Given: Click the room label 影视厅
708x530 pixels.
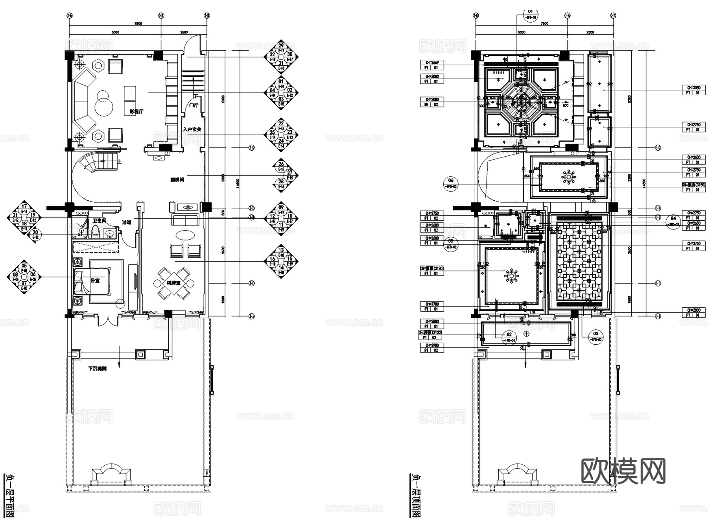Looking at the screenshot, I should click(x=136, y=112).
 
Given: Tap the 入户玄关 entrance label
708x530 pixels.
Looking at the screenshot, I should click(x=192, y=129).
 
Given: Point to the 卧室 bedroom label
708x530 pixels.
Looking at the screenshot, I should click(x=95, y=280).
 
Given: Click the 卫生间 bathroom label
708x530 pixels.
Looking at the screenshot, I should click(x=99, y=220).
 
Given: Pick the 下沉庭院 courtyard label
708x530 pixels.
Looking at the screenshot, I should click(x=97, y=369).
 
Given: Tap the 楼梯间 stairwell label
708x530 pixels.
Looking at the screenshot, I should click(x=177, y=180).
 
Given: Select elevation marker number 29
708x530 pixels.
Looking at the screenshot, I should click(x=281, y=46).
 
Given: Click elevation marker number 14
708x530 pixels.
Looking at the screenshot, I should click(x=281, y=268).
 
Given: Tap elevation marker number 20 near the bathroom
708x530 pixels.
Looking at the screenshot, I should click(x=35, y=233).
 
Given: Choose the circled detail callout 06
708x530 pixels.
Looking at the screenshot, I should click(x=451, y=181).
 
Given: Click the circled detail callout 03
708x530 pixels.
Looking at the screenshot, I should click(x=596, y=334).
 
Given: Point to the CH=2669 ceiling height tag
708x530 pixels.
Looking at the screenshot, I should click(x=432, y=63).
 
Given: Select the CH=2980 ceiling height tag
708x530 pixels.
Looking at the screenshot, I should click(x=432, y=345).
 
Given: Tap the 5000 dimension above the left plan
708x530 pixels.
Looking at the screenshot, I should click(x=115, y=32).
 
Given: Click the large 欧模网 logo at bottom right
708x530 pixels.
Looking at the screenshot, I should click(x=623, y=471).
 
